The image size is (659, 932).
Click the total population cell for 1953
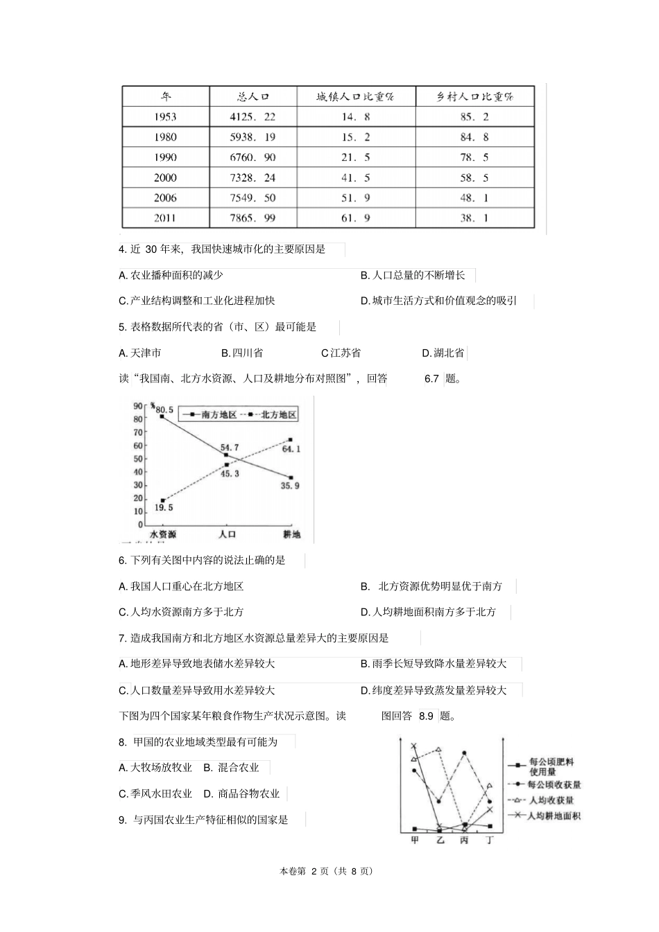click(253, 117)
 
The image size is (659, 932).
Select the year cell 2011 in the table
click(165, 218)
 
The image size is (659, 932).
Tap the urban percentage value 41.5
click(356, 178)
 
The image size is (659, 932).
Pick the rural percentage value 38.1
click(474, 218)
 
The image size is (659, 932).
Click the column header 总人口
click(253, 97)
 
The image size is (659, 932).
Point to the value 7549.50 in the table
click(253, 198)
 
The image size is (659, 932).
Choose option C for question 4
click(197, 301)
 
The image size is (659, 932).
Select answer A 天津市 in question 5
click(140, 353)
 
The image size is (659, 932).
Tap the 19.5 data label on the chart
click(164, 508)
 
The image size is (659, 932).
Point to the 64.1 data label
click(291, 449)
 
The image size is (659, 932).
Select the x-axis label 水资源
click(162, 534)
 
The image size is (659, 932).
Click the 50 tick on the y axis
click(138, 459)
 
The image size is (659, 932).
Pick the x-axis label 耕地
click(291, 534)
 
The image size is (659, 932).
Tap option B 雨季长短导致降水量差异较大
click(439, 664)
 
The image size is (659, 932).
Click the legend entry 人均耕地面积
click(554, 816)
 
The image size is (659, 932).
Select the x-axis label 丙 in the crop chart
click(464, 841)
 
